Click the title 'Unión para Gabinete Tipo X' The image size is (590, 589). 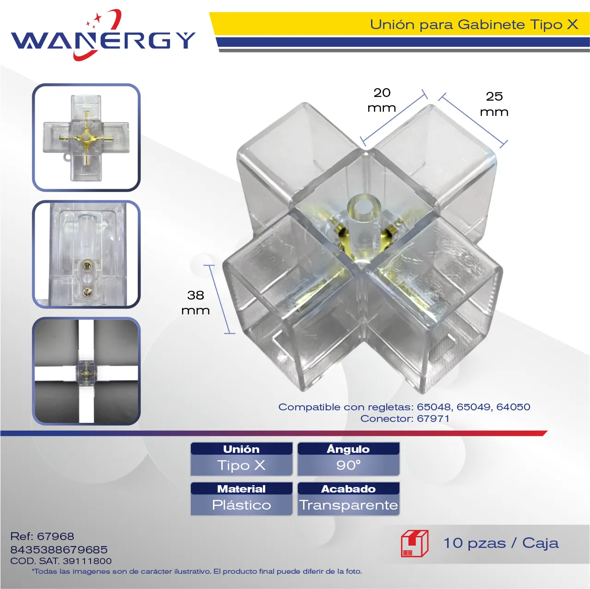pos(474,24)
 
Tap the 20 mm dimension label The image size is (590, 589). pos(382,100)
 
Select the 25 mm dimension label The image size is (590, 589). pos(494,104)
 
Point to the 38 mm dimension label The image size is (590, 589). pos(195,303)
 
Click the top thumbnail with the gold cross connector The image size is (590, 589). pos(86,138)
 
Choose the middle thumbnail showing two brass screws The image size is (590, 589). pos(86,254)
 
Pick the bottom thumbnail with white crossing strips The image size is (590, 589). pos(86,371)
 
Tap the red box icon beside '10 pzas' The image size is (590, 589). pos(414,543)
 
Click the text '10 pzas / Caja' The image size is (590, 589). pos(501,543)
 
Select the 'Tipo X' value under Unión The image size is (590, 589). pos(241,465)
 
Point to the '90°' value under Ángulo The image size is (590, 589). pos(348,465)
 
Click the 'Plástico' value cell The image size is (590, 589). pos(242,505)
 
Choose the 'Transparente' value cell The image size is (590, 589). pos(348,505)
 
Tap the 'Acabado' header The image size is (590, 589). pos(348,489)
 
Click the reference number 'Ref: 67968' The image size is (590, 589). pos(42,536)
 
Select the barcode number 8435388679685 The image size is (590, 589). pos(59,549)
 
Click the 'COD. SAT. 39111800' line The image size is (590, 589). pos(61,561)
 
